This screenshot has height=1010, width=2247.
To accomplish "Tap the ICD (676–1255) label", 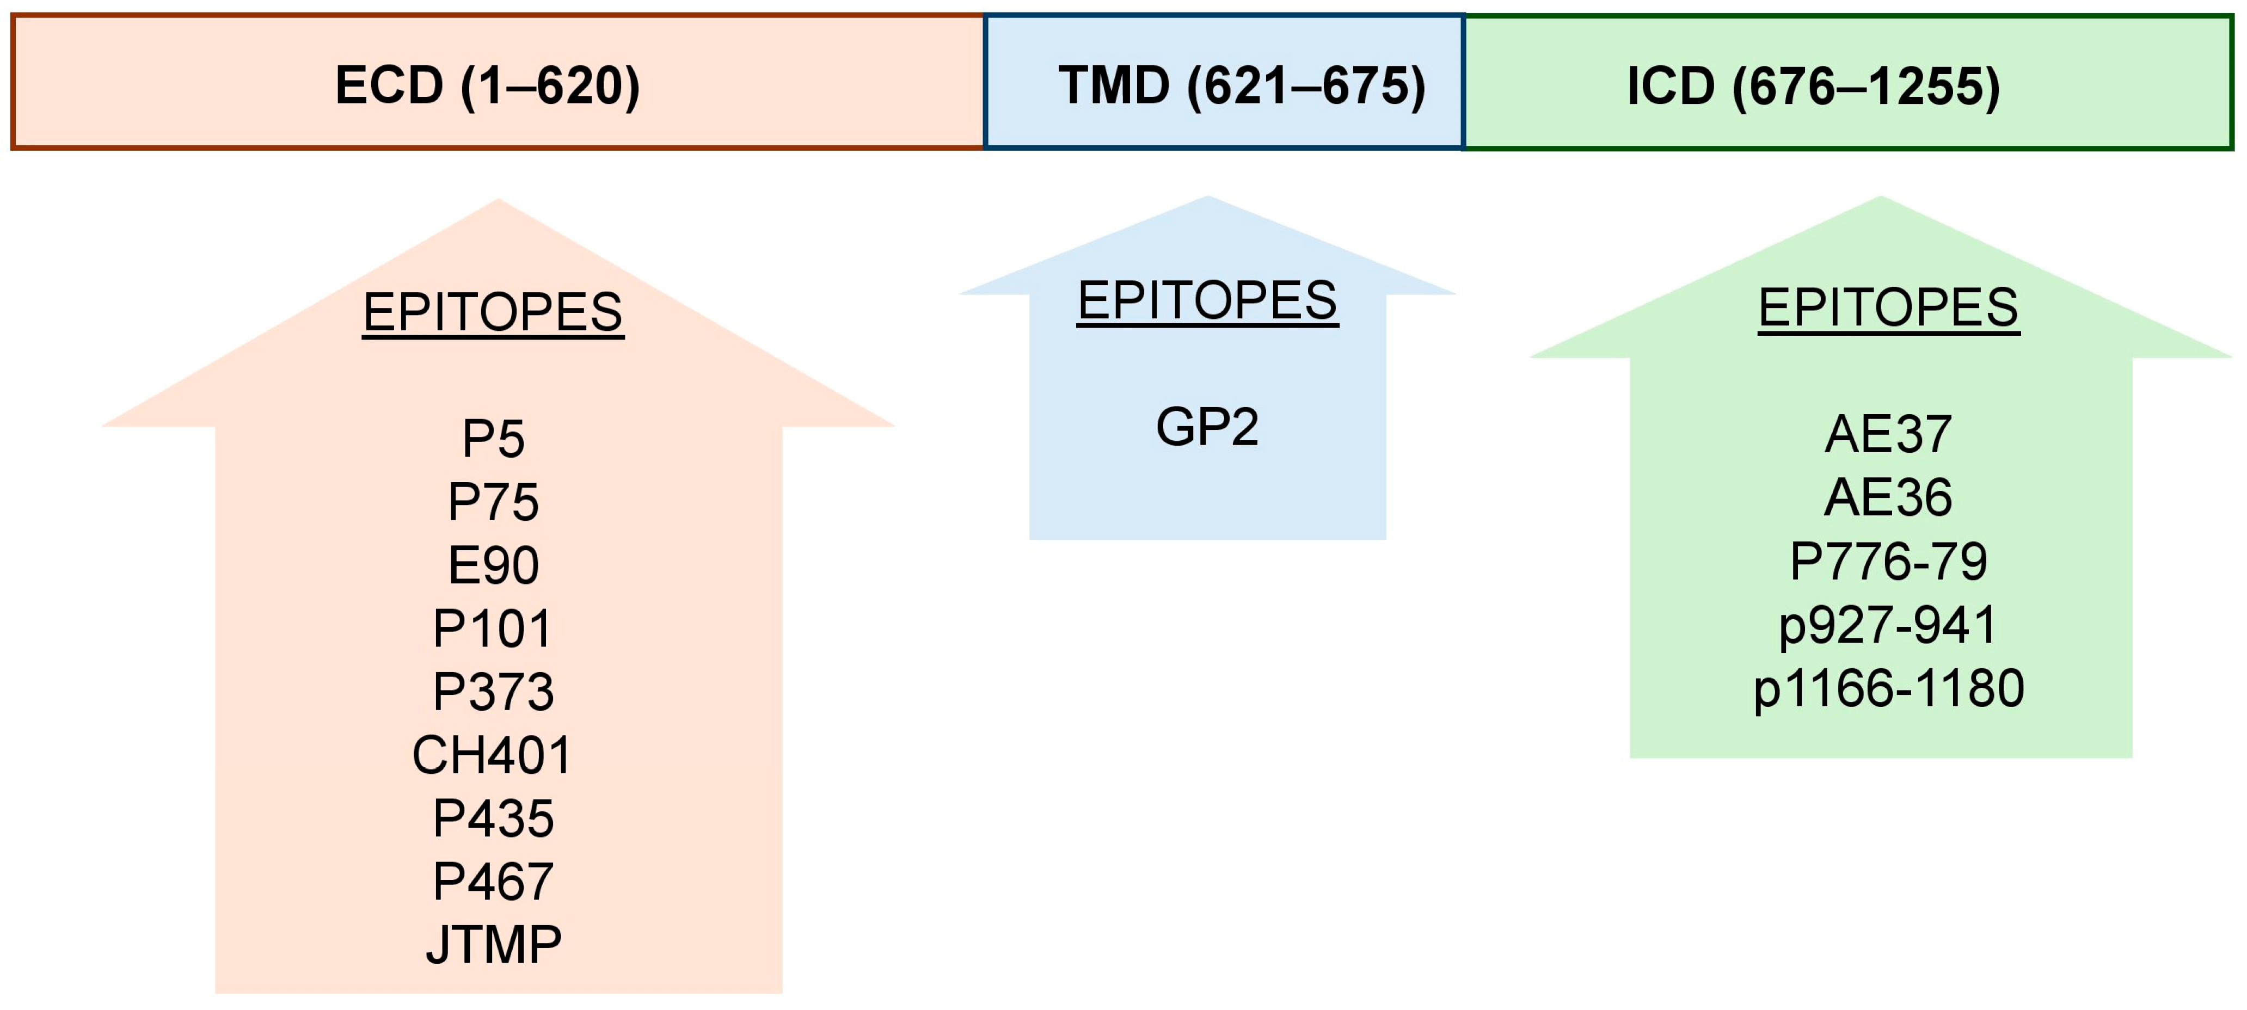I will point(1814,87).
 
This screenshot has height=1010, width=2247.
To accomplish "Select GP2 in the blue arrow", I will point(1207,427).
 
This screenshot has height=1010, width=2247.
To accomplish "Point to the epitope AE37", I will point(1888,434).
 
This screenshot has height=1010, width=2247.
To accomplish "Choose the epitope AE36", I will point(1888,497).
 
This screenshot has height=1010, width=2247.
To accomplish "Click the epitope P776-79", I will point(1888,561).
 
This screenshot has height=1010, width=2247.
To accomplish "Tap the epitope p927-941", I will point(1888,625).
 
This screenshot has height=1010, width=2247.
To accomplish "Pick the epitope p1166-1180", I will point(1888,688).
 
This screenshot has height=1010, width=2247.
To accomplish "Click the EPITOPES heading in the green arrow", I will point(1888,308).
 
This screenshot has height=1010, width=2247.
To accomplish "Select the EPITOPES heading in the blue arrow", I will point(1207,301).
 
